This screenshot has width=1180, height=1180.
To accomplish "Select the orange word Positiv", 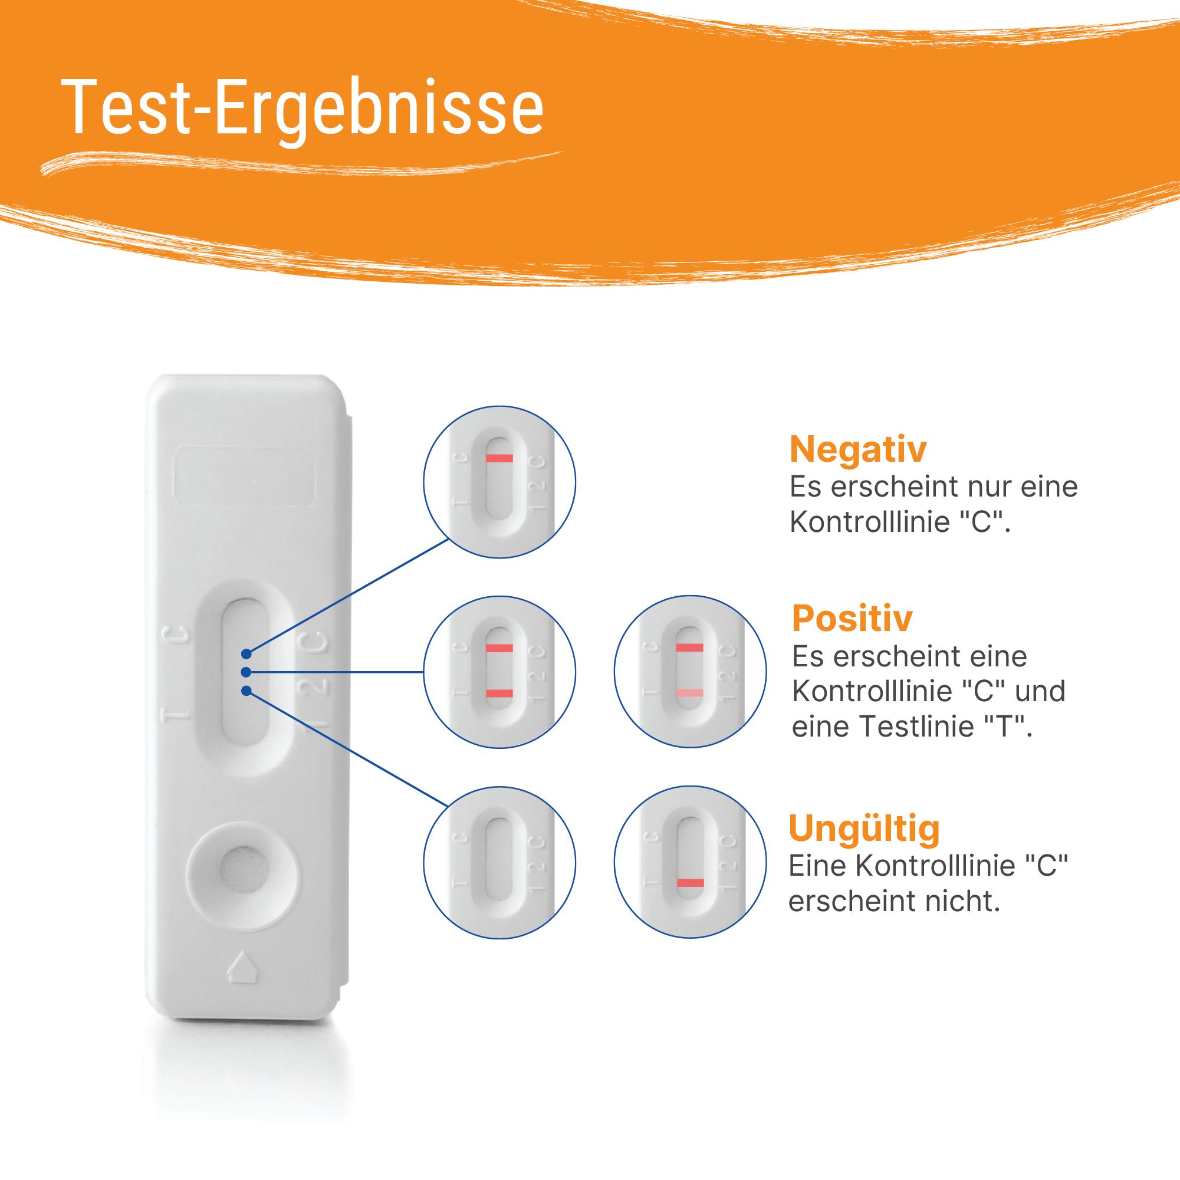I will (852, 618).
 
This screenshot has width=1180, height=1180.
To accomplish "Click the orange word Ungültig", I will (863, 828).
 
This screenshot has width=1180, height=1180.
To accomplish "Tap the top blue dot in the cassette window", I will (245, 654).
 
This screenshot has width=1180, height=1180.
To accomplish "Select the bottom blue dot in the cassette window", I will (245, 691).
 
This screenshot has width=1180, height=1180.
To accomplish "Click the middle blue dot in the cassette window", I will (245, 672).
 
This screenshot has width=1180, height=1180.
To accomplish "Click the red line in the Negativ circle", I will (499, 458).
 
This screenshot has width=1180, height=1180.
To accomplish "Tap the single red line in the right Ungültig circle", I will (690, 883).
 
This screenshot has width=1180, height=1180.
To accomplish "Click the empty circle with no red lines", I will (499, 862).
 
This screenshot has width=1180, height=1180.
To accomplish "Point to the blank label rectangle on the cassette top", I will (244, 481).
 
